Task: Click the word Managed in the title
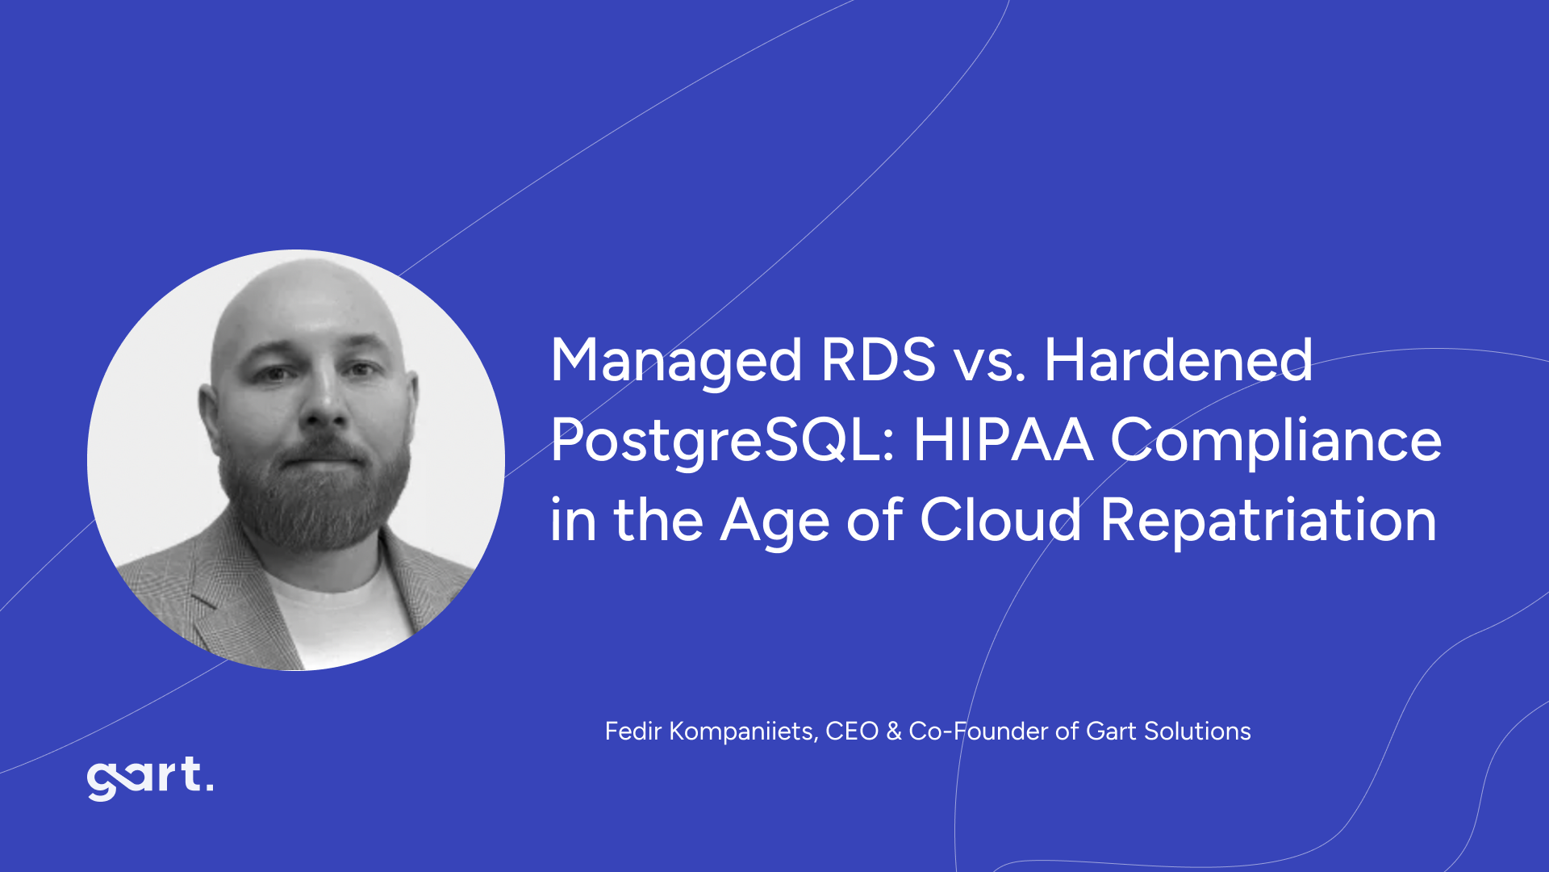676,361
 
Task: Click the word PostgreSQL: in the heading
722,442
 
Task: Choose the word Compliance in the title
1276,442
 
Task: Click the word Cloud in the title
1000,520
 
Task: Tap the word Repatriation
1268,522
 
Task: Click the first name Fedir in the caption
633,732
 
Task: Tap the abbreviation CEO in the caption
851,732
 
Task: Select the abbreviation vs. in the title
990,361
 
